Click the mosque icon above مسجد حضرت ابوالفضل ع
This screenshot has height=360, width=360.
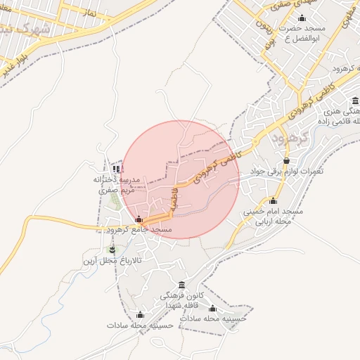(302, 18)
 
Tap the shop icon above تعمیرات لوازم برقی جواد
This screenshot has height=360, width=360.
(286, 161)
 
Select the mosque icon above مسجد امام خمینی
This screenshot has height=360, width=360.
(273, 200)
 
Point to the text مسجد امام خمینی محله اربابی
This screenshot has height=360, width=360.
(273, 215)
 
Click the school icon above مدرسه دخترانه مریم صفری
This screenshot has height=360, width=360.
(116, 169)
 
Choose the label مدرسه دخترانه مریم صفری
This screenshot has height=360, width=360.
(117, 184)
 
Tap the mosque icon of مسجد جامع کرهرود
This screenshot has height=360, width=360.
(139, 219)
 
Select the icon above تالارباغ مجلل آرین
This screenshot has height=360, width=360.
(111, 250)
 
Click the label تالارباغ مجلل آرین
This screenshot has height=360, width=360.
(112, 261)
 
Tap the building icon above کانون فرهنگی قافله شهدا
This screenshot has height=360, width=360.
(182, 285)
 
